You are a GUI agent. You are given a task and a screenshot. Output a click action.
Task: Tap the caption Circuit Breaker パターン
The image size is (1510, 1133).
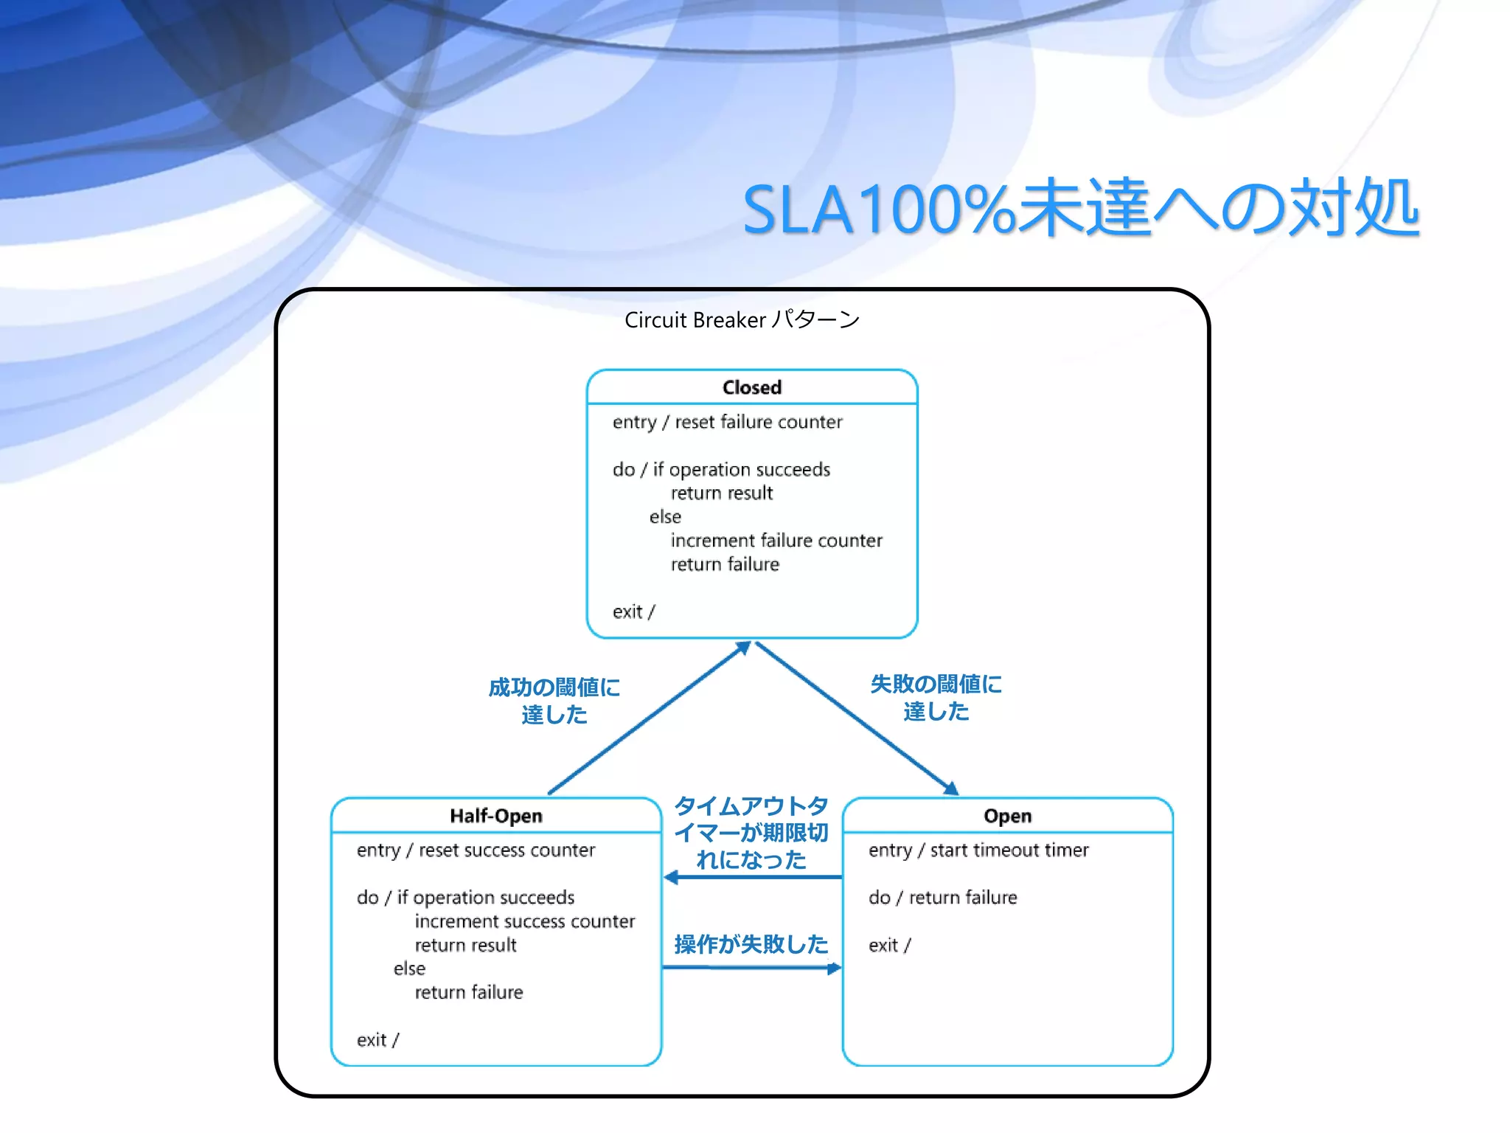pos(742,320)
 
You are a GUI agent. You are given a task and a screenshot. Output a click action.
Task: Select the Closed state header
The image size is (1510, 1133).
pos(751,387)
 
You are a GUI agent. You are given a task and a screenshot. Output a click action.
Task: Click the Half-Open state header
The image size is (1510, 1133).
pos(495,816)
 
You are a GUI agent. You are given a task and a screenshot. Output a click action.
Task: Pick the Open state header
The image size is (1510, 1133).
pos(1007,816)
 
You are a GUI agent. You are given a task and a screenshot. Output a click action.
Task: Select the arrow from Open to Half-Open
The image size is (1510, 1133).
pos(752,877)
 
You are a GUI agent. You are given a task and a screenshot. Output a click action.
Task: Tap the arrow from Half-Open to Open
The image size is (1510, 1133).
pos(752,968)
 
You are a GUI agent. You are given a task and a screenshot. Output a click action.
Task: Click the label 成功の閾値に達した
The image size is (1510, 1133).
pos(554,701)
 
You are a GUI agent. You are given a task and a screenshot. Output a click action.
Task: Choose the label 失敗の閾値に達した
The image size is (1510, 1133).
pos(936,698)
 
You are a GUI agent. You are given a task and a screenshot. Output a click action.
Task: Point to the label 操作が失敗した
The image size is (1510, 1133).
pos(751,944)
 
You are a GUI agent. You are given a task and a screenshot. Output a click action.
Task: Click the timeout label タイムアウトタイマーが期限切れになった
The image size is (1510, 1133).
pos(751,833)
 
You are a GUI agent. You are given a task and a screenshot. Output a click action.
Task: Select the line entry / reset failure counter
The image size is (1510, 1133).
pos(727,422)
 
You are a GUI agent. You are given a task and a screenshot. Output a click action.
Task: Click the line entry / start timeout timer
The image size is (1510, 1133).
pos(978,850)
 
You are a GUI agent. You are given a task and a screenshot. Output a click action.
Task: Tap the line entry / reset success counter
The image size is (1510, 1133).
pos(476,850)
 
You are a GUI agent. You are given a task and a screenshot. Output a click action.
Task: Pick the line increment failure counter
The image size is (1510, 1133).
pos(776,541)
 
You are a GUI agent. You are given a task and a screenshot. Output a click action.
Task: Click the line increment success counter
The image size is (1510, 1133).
pos(524,921)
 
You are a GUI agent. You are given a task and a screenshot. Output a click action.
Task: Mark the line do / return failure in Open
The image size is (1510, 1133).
pos(942,898)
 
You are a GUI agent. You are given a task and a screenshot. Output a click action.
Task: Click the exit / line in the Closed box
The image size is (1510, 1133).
pos(633,612)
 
